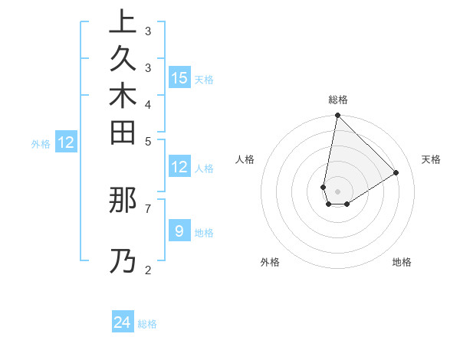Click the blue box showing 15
click(x=179, y=77)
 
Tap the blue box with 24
click(x=123, y=322)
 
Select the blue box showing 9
click(x=179, y=231)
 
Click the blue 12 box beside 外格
click(x=66, y=142)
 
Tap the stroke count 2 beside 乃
click(x=147, y=269)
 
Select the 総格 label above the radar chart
click(x=337, y=100)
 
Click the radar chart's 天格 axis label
click(x=431, y=159)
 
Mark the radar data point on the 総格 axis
click(x=337, y=116)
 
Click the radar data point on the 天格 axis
click(x=396, y=172)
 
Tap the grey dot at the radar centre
click(x=337, y=191)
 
